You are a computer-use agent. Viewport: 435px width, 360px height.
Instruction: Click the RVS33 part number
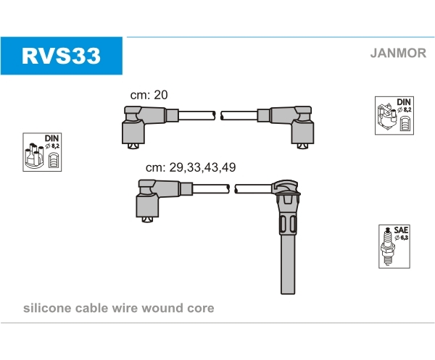click(61, 56)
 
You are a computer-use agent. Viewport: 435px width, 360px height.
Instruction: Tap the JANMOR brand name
click(398, 53)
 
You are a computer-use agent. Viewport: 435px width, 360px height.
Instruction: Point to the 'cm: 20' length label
click(149, 95)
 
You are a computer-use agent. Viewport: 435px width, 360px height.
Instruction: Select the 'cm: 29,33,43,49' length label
click(191, 167)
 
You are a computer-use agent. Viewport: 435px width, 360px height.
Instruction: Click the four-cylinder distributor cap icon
click(34, 156)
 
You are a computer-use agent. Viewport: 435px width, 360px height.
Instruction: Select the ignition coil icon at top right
click(387, 117)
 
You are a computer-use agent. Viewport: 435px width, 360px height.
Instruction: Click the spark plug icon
click(387, 246)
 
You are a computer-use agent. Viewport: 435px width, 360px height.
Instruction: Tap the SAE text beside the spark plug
click(401, 230)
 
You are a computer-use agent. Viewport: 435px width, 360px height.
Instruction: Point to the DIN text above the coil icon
click(403, 102)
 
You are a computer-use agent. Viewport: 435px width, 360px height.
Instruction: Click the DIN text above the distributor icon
click(51, 138)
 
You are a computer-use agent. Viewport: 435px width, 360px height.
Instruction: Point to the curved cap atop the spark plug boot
click(286, 186)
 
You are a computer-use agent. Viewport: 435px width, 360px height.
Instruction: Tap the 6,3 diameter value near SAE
click(405, 238)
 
